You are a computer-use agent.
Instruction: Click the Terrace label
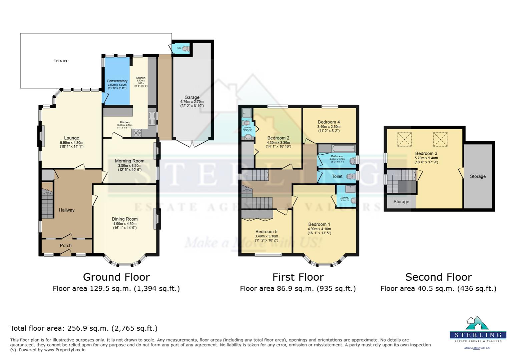61,61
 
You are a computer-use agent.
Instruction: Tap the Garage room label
192,97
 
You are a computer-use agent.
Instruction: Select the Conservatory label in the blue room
117,81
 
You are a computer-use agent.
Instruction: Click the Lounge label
72,138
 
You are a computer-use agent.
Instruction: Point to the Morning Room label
130,161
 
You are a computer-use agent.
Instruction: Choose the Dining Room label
125,219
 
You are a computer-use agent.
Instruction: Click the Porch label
66,245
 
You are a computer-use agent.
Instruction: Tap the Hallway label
67,210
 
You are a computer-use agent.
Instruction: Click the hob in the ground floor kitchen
137,133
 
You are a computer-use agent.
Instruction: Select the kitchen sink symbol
152,115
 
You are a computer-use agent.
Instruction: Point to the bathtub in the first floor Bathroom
343,149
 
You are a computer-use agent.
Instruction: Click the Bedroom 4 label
329,122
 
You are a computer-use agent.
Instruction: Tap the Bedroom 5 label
266,231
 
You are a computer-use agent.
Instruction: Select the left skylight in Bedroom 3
404,139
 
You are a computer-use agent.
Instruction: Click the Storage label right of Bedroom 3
478,176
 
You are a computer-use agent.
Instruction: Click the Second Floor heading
438,277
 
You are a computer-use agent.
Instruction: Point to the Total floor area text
84,328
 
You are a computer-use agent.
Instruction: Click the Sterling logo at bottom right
478,332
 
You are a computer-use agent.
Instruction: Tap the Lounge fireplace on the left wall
41,136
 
